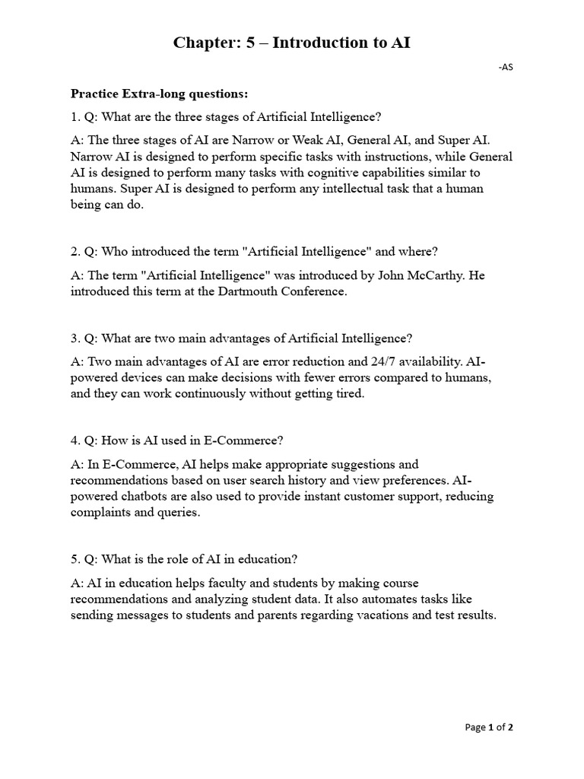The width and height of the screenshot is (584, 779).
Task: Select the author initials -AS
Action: [x=506, y=68]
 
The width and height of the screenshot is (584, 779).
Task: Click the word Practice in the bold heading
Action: [x=97, y=94]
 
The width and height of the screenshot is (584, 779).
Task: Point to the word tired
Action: [x=349, y=394]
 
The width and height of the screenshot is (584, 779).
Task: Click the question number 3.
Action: [x=75, y=338]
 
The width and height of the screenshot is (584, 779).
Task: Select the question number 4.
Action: [x=75, y=440]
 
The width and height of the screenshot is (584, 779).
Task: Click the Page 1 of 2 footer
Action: [x=489, y=727]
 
